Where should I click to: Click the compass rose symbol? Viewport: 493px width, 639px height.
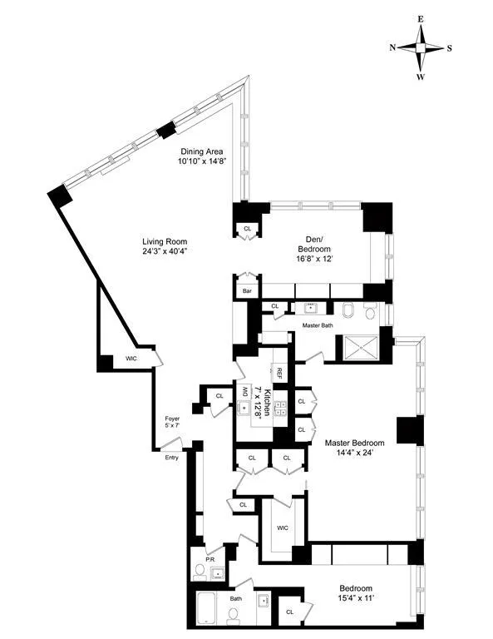[x=422, y=47]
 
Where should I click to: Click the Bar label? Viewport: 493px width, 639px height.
[x=247, y=291]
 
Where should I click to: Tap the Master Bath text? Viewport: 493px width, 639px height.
[x=317, y=325]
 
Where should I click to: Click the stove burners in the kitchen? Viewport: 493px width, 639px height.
[x=280, y=407]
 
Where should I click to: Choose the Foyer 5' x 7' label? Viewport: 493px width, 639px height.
[x=171, y=422]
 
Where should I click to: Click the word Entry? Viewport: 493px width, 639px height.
[x=171, y=457]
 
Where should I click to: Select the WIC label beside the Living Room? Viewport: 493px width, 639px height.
[x=131, y=359]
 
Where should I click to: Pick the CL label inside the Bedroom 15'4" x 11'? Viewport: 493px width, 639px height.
[x=289, y=612]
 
